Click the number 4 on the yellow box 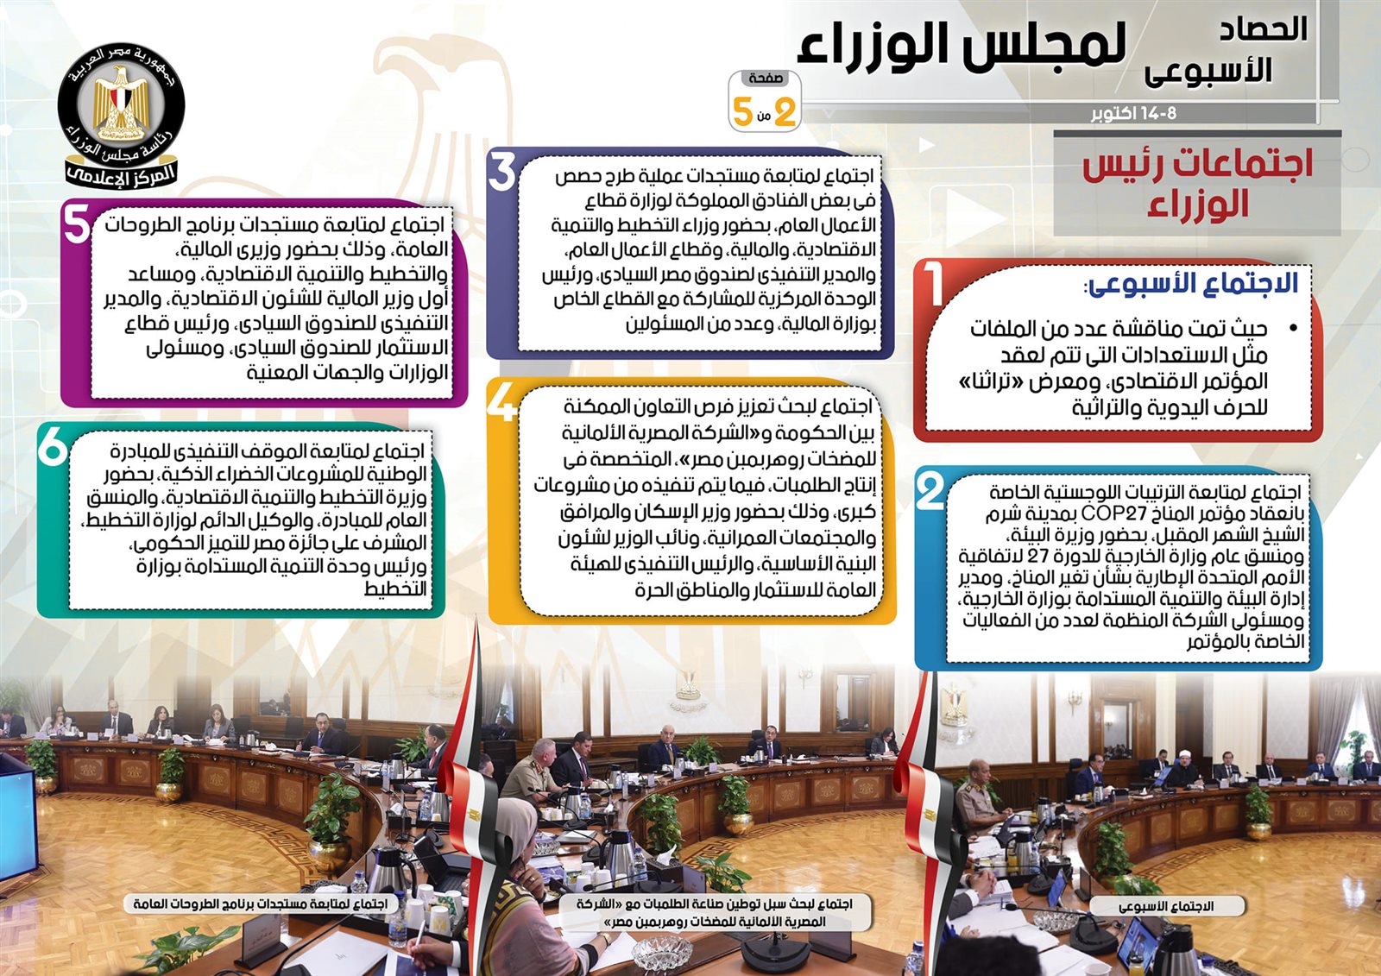click(x=501, y=401)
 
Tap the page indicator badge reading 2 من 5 click(x=765, y=101)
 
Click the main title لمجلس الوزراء click(x=962, y=46)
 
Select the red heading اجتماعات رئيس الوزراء click(x=1196, y=185)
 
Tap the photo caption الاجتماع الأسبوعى click(x=1166, y=906)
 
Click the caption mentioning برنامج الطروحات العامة click(x=261, y=904)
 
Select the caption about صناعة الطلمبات click(x=716, y=912)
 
